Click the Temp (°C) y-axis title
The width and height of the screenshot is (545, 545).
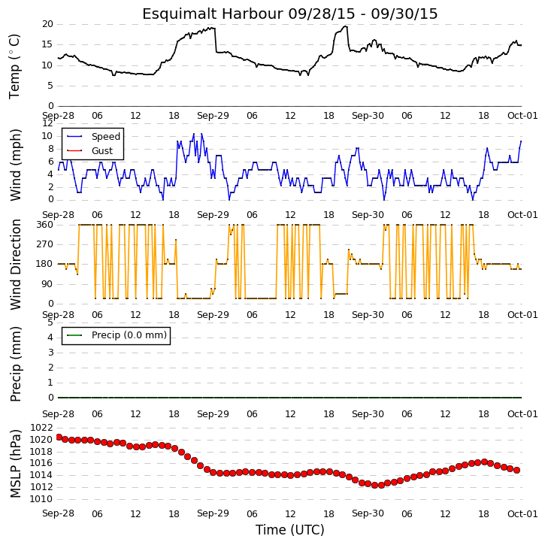tap(14, 66)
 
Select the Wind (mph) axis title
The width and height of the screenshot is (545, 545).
tap(16, 165)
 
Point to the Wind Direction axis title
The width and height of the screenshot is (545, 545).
tap(16, 265)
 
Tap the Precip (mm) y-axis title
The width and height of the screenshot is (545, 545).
tap(16, 365)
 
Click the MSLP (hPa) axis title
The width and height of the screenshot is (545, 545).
tap(16, 464)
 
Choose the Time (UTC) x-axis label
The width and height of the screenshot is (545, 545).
tap(290, 530)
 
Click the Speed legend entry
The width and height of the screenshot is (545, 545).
tap(106, 137)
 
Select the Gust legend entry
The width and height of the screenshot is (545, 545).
tap(101, 151)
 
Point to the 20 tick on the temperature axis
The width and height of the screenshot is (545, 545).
tap(47, 24)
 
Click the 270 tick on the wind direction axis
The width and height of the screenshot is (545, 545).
tap(45, 244)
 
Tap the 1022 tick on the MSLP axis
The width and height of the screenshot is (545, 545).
tap(41, 428)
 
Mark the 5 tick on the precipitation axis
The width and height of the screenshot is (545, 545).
tap(50, 322)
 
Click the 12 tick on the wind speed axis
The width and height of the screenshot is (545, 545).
tap(47, 123)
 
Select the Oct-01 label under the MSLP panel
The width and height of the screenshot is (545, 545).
tap(522, 513)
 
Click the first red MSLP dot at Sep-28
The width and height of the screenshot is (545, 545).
tap(59, 438)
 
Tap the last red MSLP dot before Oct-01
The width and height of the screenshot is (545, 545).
tap(517, 470)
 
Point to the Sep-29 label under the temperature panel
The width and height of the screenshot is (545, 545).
tap(213, 116)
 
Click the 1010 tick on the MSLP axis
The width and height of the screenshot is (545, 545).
tap(41, 499)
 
